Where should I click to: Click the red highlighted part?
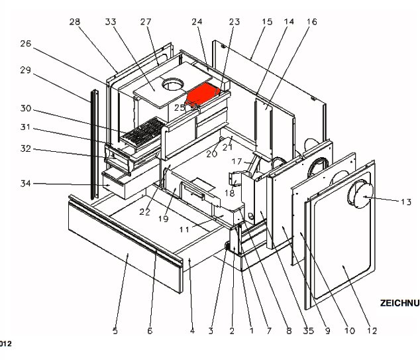click(x=203, y=95)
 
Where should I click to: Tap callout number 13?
click(x=406, y=201)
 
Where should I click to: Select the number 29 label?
click(x=26, y=70)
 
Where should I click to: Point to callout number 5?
click(x=115, y=331)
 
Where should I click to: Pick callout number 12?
click(x=372, y=331)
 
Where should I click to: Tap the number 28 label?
click(x=74, y=22)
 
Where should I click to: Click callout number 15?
click(x=267, y=22)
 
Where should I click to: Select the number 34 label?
click(x=26, y=184)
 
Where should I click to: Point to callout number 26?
click(x=26, y=44)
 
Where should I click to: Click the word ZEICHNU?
click(x=399, y=303)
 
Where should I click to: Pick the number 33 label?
click(x=110, y=22)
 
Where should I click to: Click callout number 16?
click(x=311, y=22)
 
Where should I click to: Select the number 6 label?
click(x=150, y=331)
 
